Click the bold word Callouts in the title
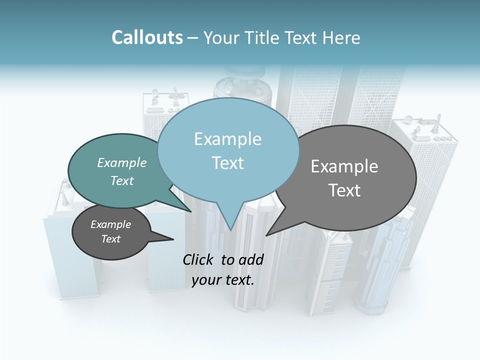pyautogui.click(x=147, y=37)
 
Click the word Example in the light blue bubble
pyautogui.click(x=227, y=139)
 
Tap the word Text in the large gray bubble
pyautogui.click(x=344, y=190)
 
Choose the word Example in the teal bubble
pyautogui.click(x=122, y=162)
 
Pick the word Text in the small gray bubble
pyautogui.click(x=111, y=239)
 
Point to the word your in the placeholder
pyautogui.click(x=203, y=280)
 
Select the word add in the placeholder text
pyautogui.click(x=251, y=259)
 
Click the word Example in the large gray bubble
pyautogui.click(x=344, y=166)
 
